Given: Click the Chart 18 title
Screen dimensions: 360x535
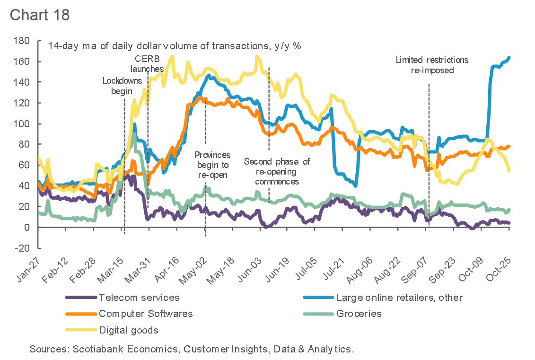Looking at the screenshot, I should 40,14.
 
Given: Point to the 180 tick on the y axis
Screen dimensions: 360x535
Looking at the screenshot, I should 22,41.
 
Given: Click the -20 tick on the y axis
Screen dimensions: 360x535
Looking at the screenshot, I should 21,248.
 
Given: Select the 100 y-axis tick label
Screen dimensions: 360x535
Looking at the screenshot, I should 22,123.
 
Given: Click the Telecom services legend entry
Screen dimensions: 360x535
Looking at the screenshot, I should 139,298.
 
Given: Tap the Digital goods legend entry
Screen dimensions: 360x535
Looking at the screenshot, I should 129,330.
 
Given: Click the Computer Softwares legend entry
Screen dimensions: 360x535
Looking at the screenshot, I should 146,313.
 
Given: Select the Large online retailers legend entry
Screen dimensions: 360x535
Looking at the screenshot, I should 399,298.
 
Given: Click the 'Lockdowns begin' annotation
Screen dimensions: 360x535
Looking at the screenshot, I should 122,86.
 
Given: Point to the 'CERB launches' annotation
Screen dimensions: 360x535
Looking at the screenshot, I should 147,64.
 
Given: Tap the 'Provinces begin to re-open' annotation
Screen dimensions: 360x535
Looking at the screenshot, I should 212,165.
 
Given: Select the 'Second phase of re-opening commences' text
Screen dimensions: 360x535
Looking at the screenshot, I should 277,171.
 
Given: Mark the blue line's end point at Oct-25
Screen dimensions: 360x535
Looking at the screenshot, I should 509,58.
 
